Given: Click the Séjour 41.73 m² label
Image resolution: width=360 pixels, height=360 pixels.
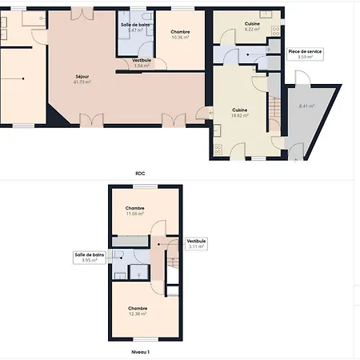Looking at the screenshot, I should click(82, 79).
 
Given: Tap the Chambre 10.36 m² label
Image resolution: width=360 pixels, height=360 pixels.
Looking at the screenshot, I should click(180, 34).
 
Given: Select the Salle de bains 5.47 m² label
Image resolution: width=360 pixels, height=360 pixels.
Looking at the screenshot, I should click(135, 27).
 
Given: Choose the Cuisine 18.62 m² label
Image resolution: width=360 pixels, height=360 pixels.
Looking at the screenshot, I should click(240, 112).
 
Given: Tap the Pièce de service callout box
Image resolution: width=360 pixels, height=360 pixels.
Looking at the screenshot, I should click(304, 54).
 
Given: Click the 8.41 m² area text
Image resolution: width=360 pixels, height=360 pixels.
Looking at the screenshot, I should click(306, 106).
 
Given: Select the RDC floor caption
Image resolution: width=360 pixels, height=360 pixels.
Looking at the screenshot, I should click(141, 173).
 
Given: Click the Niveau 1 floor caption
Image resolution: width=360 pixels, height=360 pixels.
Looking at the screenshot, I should click(141, 350).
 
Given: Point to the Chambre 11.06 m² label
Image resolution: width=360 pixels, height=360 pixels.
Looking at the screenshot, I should click(134, 210).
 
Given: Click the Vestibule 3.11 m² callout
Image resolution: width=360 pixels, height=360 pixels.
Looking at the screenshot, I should click(196, 243).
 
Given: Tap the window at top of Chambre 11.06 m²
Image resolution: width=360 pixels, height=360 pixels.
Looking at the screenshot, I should click(145, 186).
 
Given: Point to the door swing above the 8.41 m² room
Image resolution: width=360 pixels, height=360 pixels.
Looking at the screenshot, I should click(300, 78).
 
